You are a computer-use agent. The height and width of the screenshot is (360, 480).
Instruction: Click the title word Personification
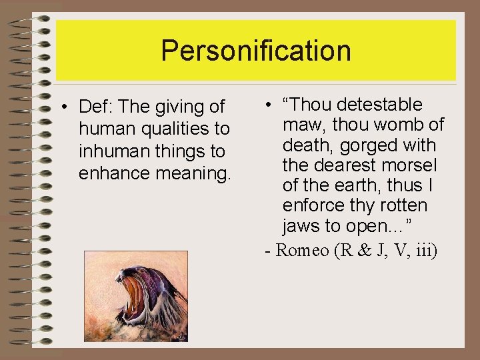[x=256, y=51]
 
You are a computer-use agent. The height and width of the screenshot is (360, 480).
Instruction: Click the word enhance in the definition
[x=115, y=174]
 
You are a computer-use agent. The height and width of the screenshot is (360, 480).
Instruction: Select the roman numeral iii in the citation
[x=426, y=251]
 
